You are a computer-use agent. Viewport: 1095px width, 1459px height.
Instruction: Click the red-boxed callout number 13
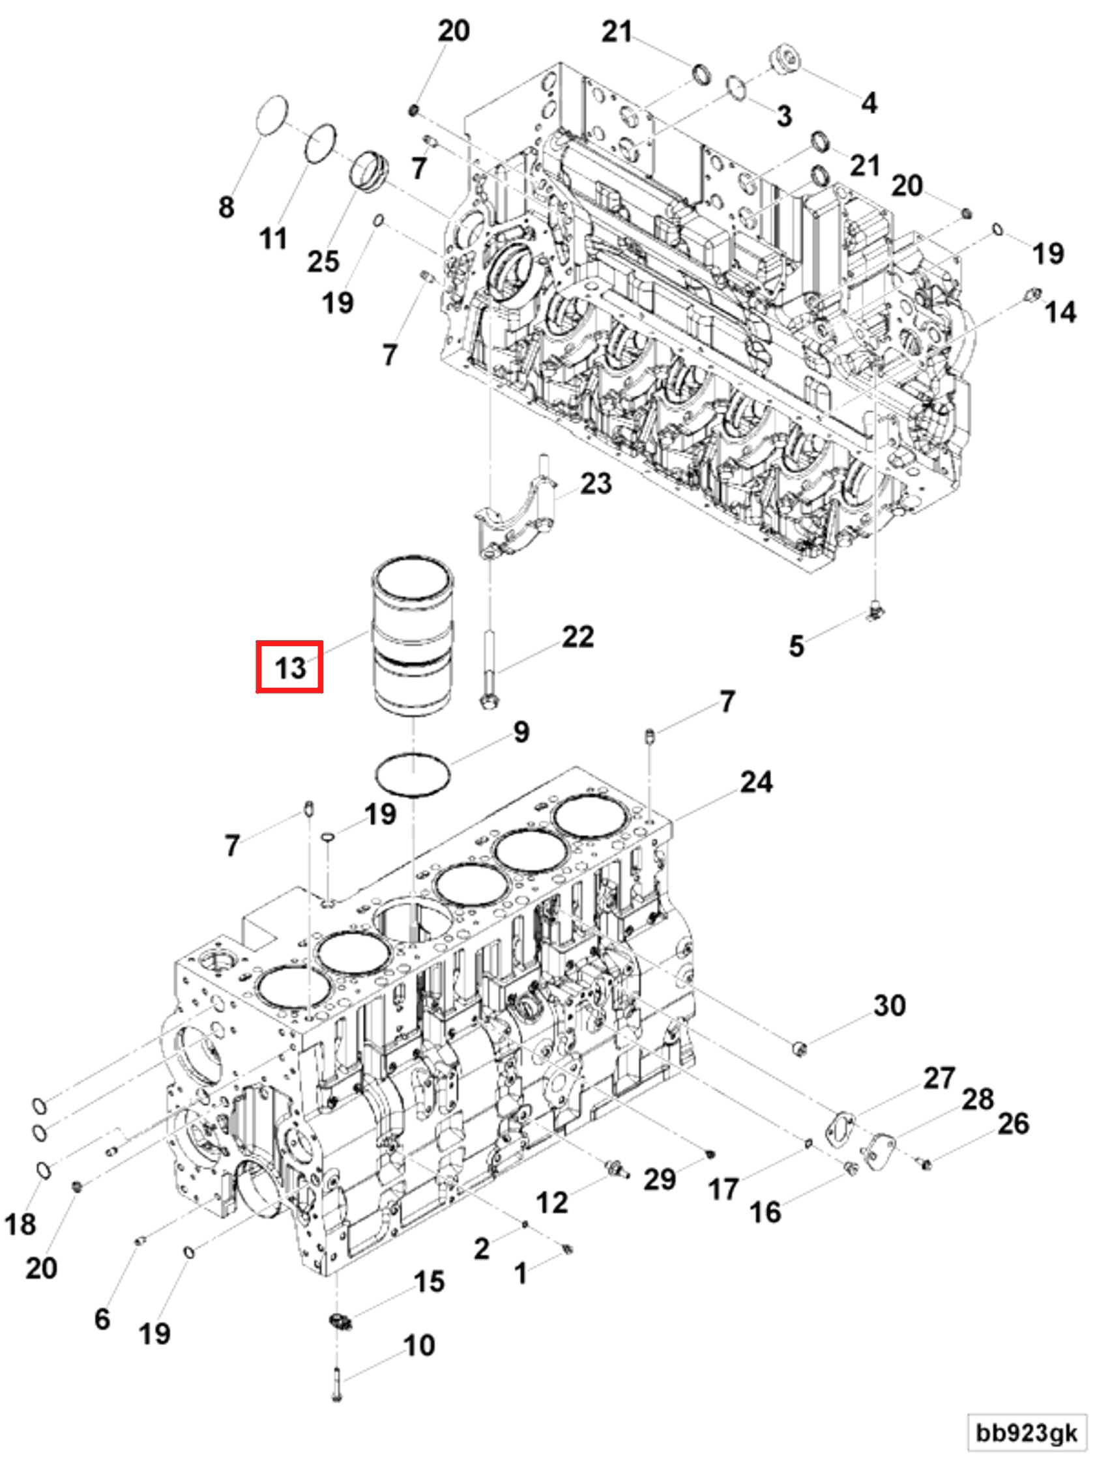point(289,667)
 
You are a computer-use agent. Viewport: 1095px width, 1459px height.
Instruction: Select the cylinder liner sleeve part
point(412,636)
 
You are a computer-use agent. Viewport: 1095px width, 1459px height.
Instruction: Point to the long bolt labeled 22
point(490,666)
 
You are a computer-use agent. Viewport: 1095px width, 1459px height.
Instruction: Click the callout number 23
point(595,483)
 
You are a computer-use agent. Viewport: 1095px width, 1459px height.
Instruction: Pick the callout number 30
point(888,1005)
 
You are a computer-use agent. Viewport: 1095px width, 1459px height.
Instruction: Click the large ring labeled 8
point(272,115)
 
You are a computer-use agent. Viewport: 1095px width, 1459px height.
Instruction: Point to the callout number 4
point(869,102)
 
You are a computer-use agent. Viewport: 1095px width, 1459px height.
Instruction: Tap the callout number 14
point(1060,311)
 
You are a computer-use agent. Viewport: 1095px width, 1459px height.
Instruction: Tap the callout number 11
point(273,238)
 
